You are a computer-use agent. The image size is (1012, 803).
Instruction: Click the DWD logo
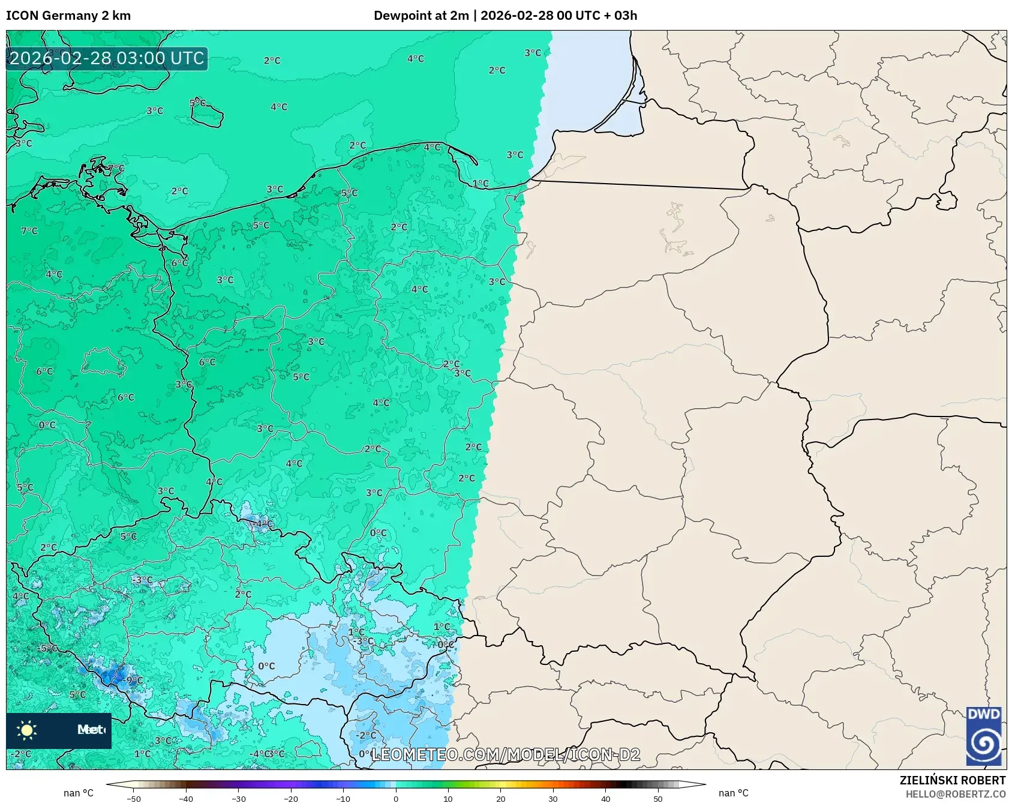coord(984,736)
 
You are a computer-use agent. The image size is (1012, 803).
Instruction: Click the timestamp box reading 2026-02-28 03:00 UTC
coord(107,58)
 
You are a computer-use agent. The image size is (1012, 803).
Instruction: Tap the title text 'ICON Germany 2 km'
coord(68,16)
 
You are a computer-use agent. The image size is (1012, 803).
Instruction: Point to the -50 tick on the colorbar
coord(134,798)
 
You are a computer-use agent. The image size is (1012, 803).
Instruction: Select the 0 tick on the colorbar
coord(395,798)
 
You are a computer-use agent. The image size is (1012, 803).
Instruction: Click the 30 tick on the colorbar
coord(552,798)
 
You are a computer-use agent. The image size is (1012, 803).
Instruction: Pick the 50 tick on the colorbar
coord(657,798)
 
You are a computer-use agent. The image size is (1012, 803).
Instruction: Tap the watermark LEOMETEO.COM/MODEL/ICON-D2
coord(505,754)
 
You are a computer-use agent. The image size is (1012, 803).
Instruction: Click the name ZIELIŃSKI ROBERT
coord(952,780)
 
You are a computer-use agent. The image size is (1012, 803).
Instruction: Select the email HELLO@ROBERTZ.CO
coord(955,794)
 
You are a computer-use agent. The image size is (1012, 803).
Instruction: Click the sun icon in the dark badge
coord(27,730)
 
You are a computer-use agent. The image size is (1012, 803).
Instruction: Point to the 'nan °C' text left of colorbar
coord(79,793)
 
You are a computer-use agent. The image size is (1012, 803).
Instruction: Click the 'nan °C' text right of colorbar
coord(733,793)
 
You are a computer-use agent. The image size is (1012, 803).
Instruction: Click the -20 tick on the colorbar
coord(290,798)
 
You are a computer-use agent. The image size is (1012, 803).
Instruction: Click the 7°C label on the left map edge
coord(29,230)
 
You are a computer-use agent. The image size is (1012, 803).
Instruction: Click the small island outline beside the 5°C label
coord(208,116)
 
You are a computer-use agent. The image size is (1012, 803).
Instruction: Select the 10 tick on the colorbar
coord(448,798)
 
